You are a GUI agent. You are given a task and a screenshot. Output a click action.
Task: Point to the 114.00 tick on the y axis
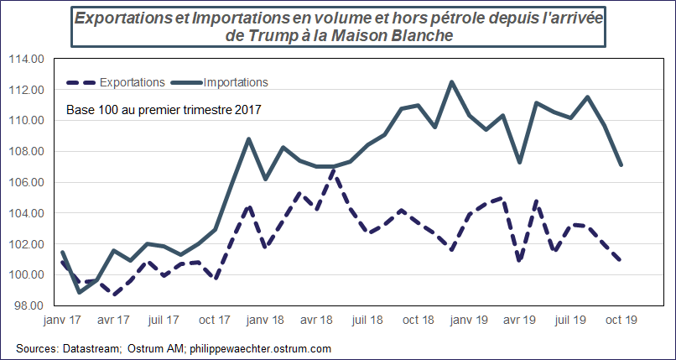[25, 59]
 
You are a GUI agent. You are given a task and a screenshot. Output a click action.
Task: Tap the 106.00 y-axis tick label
[25, 182]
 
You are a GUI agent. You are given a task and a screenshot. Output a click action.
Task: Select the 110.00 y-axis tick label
[25, 121]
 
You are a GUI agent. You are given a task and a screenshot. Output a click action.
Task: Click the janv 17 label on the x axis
[62, 321]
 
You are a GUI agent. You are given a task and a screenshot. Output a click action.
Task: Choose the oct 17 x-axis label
[216, 321]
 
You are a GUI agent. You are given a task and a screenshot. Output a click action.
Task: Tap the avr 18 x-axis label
[319, 321]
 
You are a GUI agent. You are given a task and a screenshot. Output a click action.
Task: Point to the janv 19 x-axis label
[470, 321]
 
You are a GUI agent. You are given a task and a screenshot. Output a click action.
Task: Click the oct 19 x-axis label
[622, 321]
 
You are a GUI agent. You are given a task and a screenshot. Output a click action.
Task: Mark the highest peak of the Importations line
[452, 81]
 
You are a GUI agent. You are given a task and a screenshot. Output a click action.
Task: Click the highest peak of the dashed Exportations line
[334, 170]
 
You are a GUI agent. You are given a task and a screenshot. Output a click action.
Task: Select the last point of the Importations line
[621, 164]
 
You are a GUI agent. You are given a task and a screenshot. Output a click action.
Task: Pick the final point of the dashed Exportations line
[621, 261]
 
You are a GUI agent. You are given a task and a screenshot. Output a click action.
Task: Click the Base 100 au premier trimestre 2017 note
[164, 109]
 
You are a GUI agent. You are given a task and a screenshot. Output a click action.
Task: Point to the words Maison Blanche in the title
[394, 36]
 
